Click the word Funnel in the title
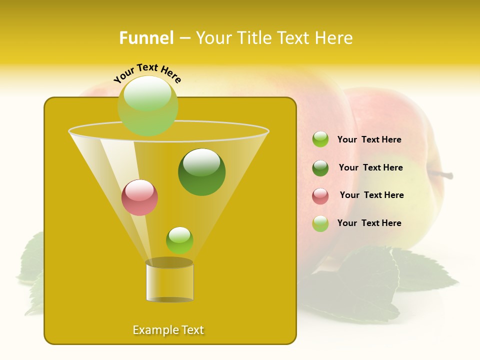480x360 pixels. [146, 38]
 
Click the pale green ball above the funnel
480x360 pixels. [148, 105]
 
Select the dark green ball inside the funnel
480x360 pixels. [201, 172]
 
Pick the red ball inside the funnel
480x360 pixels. [140, 197]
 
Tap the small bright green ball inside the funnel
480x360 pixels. [179, 240]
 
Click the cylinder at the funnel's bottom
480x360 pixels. [169, 281]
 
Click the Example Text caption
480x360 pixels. [168, 330]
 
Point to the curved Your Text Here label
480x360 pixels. [147, 73]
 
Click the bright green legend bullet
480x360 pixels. [320, 139]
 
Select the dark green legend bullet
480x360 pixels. [320, 168]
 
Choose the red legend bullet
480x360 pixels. [320, 196]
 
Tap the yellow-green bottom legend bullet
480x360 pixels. [320, 223]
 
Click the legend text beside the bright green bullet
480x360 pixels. [369, 140]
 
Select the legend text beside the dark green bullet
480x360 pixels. [370, 167]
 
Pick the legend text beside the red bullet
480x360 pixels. [371, 195]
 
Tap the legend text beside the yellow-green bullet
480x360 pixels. [369, 223]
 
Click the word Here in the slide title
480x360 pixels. [335, 38]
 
